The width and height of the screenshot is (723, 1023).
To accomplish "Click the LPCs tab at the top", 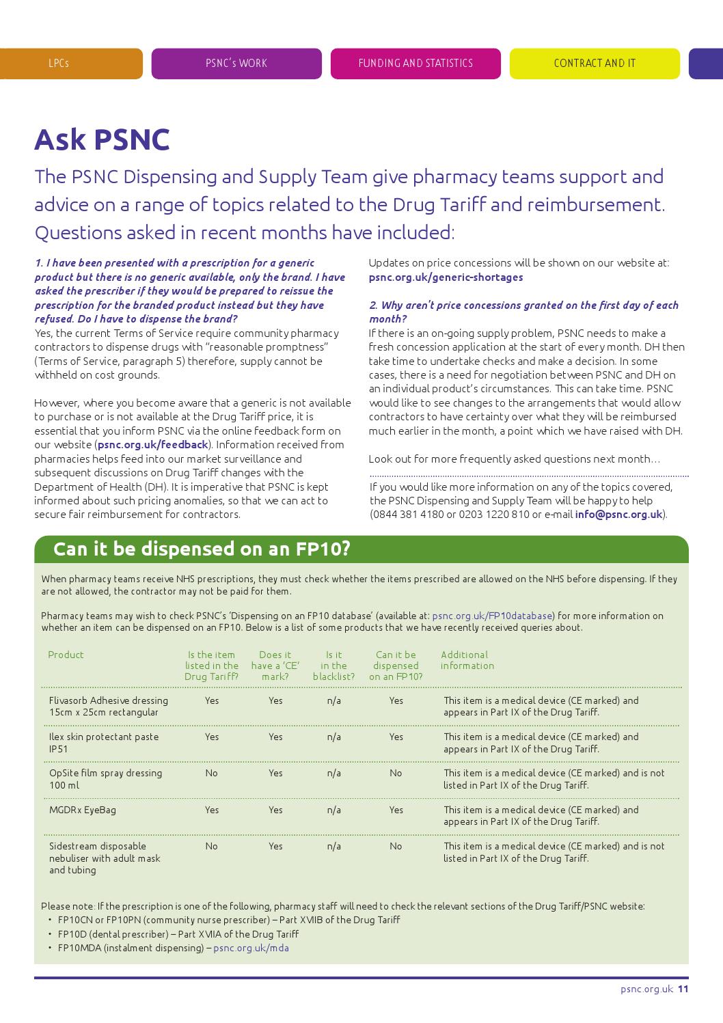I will pos(59,64).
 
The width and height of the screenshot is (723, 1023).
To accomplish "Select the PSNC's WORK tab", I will pos(236,64).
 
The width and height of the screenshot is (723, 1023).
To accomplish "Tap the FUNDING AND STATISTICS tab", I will pos(415,64).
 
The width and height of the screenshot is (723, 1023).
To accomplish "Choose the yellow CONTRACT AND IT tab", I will pos(595,64).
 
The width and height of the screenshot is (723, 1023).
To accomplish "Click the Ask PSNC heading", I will pos(102,139).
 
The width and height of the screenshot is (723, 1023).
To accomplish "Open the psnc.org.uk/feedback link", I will pos(152,445).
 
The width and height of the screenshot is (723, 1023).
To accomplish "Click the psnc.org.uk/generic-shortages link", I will pos(446,277).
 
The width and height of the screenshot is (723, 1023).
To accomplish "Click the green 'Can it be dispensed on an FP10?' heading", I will pos(202,549).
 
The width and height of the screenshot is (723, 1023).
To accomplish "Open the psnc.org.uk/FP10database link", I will pos(492,616).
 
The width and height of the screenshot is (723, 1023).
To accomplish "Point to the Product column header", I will pos(66,655).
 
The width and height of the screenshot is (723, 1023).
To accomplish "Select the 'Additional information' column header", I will pos(467,660).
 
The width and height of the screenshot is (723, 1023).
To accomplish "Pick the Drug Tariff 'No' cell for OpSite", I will pos(212,773).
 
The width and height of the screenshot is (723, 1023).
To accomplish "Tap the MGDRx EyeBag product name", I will pos(83,810).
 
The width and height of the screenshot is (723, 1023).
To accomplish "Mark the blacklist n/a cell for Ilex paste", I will pos(333,737).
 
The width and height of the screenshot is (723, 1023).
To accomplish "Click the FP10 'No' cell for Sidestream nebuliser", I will pos(396,846).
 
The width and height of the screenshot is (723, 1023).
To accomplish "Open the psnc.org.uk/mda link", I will pos(251,948).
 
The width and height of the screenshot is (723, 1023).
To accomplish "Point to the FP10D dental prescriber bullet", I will pos(178,934).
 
